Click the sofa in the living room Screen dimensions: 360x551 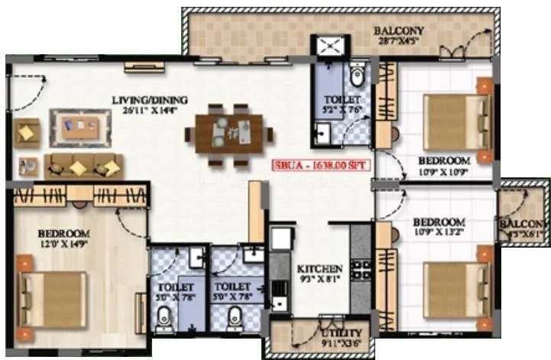tap(83, 165)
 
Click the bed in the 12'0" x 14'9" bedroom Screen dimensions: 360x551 tap(52, 297)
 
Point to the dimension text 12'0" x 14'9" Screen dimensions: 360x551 tap(65, 245)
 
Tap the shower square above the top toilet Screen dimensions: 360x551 tap(329, 47)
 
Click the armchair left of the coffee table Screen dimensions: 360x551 tap(27, 133)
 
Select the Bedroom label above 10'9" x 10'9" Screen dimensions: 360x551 tap(443, 161)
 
